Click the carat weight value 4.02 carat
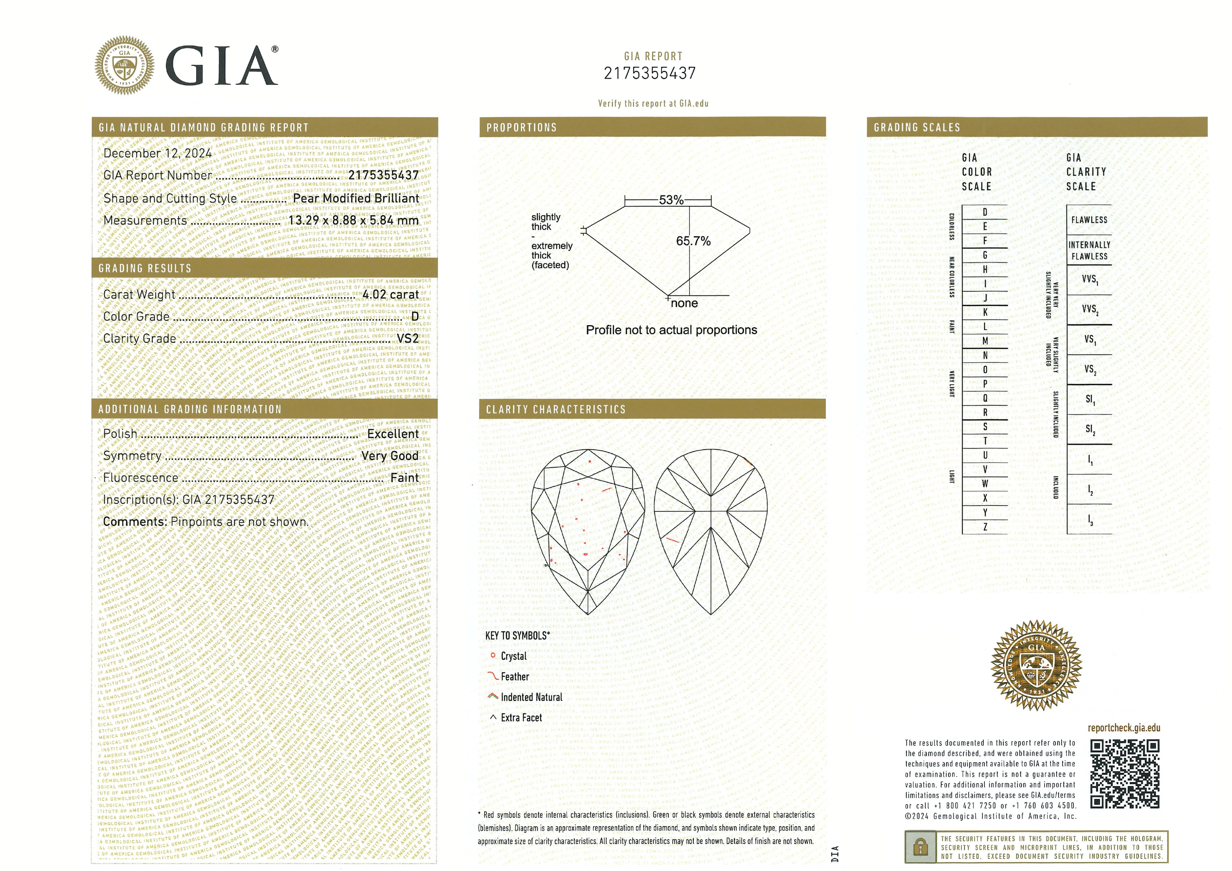(390, 295)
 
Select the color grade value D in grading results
(414, 317)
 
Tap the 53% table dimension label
(671, 200)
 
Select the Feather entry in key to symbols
(514, 677)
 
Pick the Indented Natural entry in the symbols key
(531, 697)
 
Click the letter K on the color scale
(985, 312)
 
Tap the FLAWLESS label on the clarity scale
(1089, 220)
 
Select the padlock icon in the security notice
(920, 847)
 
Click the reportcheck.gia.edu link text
(1124, 728)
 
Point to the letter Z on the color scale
(985, 527)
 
